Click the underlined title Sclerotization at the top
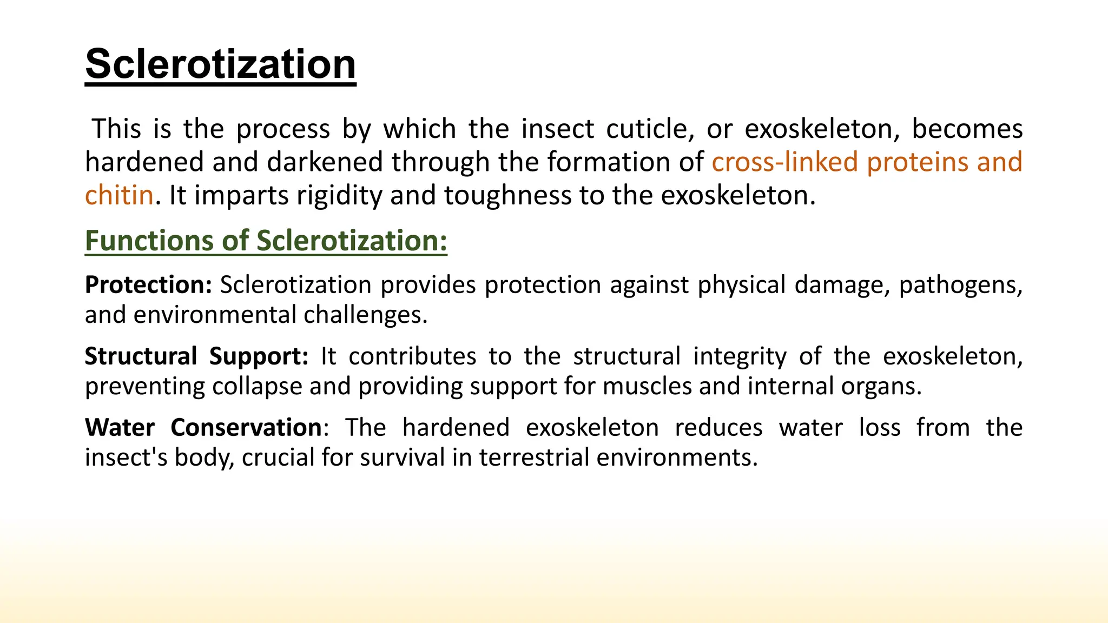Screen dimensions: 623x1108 [x=220, y=64]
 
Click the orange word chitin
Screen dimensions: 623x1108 [x=119, y=195]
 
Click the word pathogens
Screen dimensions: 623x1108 [x=960, y=285]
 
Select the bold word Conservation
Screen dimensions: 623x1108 [x=246, y=428]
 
